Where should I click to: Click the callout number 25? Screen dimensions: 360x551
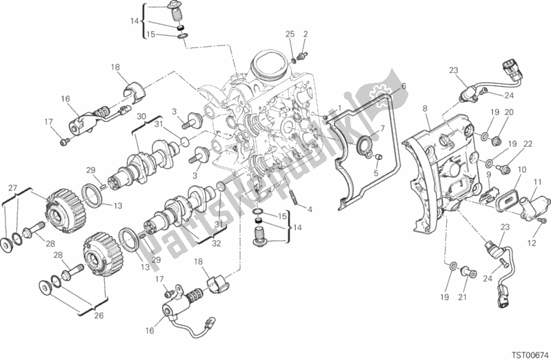290,34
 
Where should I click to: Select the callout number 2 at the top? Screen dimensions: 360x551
305,34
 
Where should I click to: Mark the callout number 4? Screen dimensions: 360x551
310,209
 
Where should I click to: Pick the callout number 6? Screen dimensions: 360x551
404,86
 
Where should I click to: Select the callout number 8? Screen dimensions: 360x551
425,108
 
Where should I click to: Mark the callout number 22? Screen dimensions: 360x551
528,144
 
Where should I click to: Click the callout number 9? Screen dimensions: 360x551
489,175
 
